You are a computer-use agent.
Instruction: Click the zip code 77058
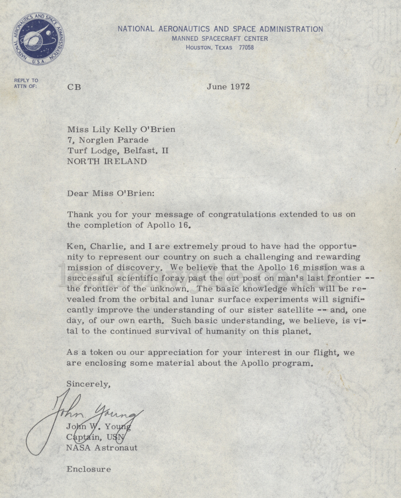246,48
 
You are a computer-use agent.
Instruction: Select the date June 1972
228,87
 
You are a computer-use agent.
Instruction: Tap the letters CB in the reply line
74,87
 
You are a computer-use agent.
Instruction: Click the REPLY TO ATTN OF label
26,83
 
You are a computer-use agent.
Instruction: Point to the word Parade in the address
133,140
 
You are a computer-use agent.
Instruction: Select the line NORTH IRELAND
107,161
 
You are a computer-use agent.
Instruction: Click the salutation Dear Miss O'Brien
110,193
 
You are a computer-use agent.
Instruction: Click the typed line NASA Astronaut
102,448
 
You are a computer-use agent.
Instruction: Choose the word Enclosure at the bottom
89,469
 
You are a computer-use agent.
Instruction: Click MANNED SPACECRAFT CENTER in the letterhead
220,39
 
